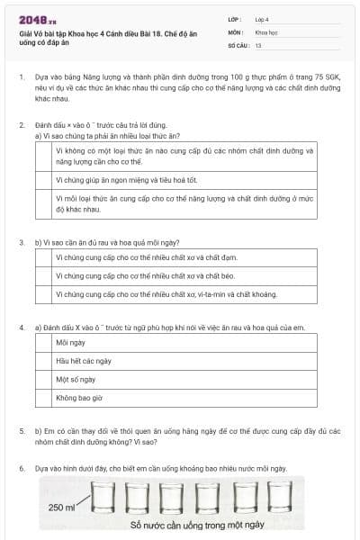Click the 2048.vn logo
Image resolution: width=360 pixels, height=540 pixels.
click(x=36, y=19)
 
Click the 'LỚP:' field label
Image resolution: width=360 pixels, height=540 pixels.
click(x=236, y=19)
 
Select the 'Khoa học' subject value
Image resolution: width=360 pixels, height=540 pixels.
click(x=266, y=31)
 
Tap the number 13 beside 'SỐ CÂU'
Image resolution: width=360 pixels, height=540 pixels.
click(x=258, y=44)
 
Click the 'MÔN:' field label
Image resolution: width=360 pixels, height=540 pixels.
click(x=236, y=31)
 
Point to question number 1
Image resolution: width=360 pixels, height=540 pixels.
click(x=22, y=78)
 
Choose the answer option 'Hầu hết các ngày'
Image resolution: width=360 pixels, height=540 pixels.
click(x=83, y=361)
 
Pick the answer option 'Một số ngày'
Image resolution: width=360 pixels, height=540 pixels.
click(x=76, y=379)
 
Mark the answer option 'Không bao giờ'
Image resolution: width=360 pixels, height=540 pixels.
click(x=79, y=397)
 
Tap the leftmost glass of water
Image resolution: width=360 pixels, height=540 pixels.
click(x=105, y=497)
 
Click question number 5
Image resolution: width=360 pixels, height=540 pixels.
click(x=22, y=431)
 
